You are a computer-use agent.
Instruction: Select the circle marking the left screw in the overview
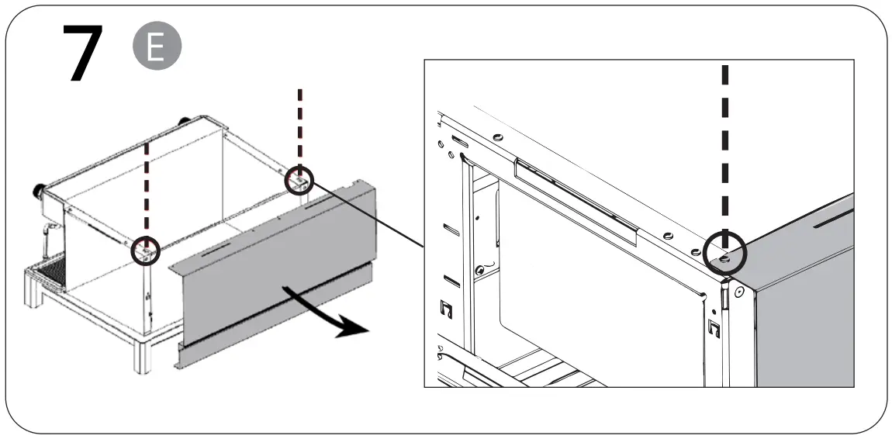(x=146, y=251)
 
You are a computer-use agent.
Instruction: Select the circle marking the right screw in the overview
(x=299, y=181)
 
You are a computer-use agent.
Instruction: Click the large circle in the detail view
(x=724, y=254)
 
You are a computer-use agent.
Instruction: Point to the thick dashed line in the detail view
(x=725, y=147)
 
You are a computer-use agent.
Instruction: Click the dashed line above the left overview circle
(x=147, y=186)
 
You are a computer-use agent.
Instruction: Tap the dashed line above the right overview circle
(x=300, y=124)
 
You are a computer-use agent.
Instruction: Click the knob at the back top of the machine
(x=185, y=121)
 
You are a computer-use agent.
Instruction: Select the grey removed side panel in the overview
(x=271, y=264)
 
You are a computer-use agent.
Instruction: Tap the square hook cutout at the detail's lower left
(x=446, y=310)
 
